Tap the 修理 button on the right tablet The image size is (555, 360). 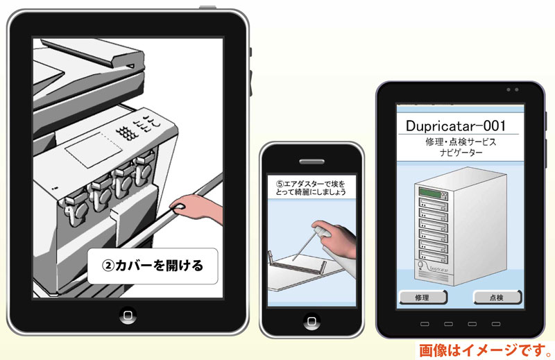tap(423, 298)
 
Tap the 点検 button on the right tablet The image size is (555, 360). tap(497, 298)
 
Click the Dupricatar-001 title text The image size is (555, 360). tap(456, 126)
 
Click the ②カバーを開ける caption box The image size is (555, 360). tap(153, 266)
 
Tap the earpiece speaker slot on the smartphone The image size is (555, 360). tap(311, 162)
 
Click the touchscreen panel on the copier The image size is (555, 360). tap(94, 148)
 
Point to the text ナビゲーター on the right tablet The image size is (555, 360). tap(461, 153)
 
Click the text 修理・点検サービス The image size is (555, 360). tap(461, 142)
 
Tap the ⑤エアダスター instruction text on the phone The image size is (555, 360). tap(311, 188)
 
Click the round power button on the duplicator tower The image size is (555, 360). tap(421, 264)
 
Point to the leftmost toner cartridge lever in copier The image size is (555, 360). tap(74, 208)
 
